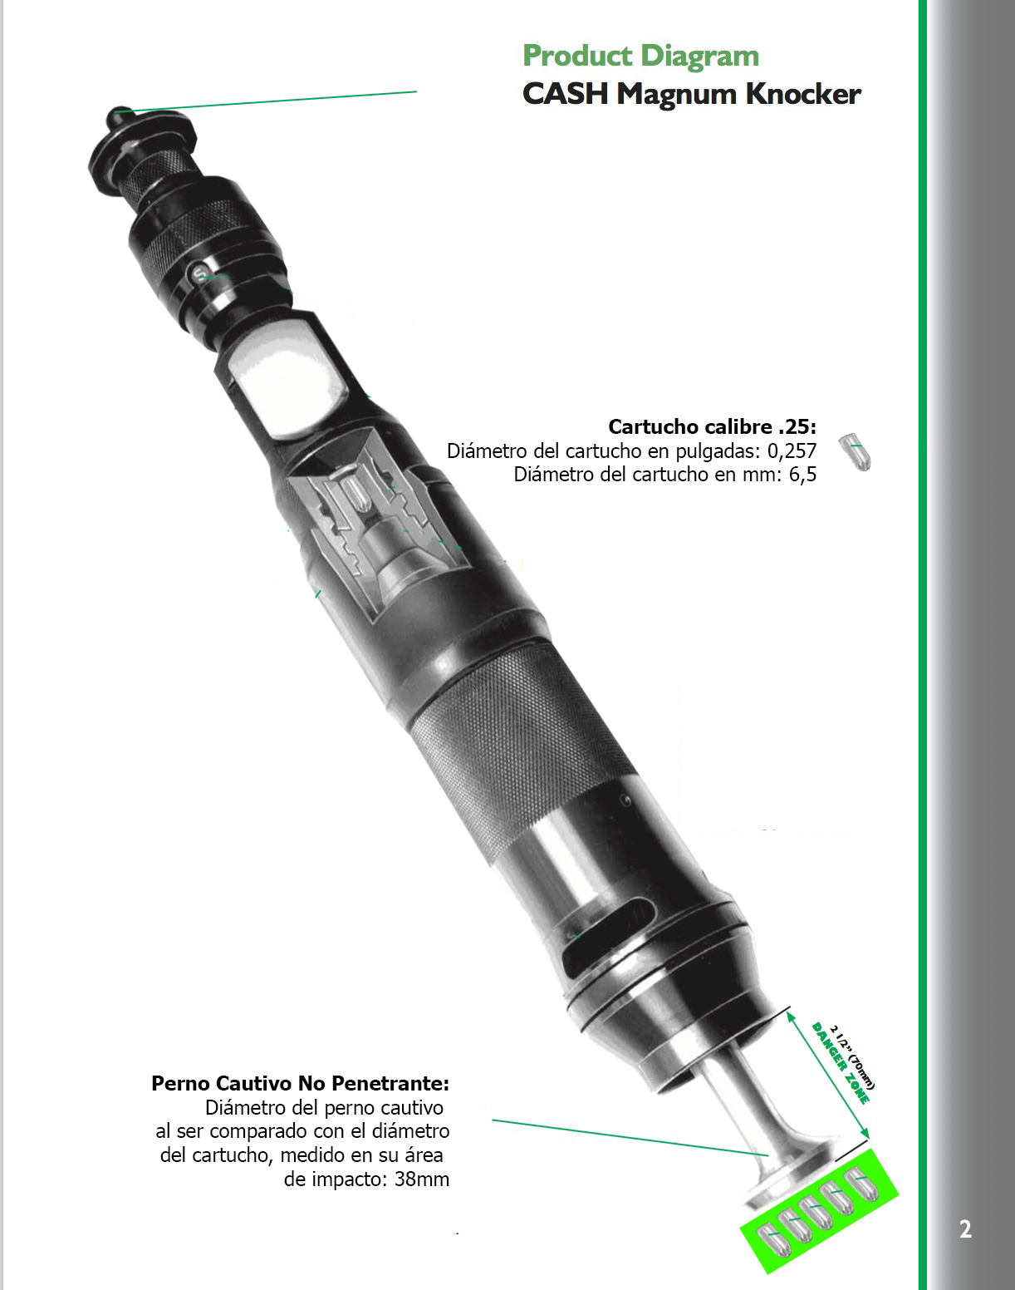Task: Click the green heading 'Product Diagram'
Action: (640, 57)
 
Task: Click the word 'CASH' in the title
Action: (565, 95)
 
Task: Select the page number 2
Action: (965, 1228)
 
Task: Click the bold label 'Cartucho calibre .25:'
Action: (713, 426)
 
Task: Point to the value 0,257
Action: (792, 451)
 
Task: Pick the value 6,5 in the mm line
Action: (802, 475)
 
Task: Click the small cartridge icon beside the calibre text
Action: (854, 451)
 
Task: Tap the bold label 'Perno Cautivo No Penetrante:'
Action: (300, 1084)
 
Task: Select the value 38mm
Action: (422, 1179)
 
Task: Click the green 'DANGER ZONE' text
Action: (840, 1063)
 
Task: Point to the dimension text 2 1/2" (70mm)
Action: (855, 1056)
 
